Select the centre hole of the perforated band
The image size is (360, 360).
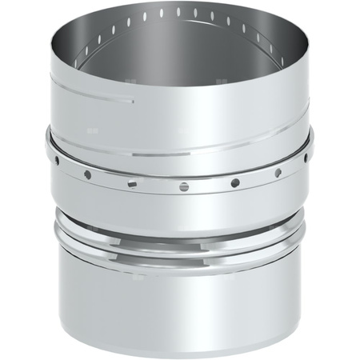point(184,186)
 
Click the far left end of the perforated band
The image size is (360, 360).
point(50,148)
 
